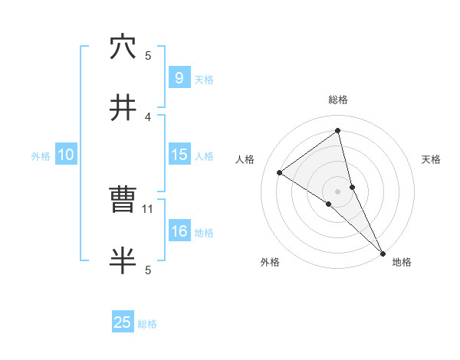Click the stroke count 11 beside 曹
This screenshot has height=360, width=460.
coord(149,208)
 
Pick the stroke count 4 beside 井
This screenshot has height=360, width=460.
coord(149,116)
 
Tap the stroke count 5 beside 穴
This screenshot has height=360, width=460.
coord(149,55)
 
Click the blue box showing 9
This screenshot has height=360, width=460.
coord(179,77)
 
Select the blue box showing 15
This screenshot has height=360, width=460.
coord(179,154)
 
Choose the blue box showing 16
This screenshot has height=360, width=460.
coord(179,231)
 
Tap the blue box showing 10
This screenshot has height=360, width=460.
coord(66,155)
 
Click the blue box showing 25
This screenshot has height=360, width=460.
coord(123,322)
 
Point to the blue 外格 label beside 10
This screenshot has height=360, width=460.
coord(41,155)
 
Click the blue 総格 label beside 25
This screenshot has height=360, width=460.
coord(147,324)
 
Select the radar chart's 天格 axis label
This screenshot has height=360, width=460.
coord(432,159)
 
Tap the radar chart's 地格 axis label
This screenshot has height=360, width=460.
coord(402,262)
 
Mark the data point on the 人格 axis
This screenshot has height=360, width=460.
coord(280,172)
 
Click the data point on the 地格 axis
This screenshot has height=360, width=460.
coord(383,253)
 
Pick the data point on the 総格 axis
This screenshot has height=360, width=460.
coord(338,130)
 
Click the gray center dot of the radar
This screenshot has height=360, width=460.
coord(338,191)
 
